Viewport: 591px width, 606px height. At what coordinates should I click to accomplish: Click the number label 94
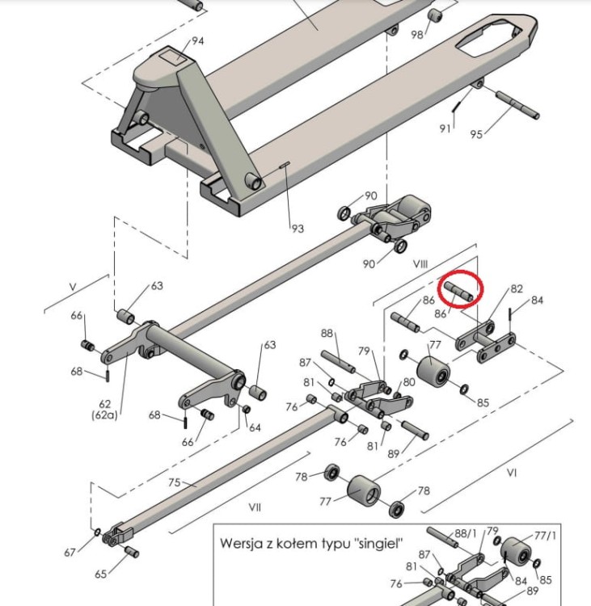197,41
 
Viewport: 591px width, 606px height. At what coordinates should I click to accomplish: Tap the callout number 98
417,35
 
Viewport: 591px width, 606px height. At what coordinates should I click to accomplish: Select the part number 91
445,128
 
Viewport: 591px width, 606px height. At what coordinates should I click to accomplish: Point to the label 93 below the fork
298,229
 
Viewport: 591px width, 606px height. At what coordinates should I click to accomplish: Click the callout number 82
517,289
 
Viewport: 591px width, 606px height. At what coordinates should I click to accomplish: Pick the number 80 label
409,381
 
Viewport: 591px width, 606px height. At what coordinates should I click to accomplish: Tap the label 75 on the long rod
174,483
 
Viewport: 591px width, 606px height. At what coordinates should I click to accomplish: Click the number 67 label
70,553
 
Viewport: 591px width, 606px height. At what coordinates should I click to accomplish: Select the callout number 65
101,574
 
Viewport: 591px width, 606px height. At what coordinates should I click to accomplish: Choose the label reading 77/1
546,535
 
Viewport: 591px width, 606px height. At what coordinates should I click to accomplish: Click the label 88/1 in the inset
466,533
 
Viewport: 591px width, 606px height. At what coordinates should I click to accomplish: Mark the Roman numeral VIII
420,264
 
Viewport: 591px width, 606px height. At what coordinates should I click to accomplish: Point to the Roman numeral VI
511,471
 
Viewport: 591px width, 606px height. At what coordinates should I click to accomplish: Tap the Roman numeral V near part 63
73,287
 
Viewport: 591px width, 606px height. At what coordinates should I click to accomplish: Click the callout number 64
255,427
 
